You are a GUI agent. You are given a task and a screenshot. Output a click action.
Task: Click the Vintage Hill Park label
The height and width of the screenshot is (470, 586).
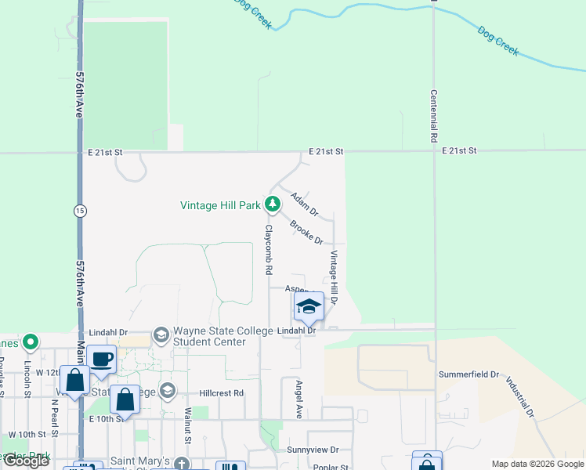tap(220, 206)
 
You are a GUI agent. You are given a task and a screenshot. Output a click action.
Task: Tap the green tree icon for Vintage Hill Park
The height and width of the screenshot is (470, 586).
tap(273, 205)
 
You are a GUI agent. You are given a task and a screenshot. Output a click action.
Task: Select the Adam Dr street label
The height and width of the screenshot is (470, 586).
tap(305, 204)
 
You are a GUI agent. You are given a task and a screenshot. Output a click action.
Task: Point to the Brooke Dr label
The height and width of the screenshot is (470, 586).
tap(306, 233)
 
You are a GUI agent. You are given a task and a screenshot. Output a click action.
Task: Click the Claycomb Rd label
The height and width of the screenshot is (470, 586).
tap(268, 250)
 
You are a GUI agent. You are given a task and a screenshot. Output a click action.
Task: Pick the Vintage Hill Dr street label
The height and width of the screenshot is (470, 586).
tap(333, 277)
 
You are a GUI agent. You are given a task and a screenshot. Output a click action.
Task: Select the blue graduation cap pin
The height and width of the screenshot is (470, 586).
tap(309, 306)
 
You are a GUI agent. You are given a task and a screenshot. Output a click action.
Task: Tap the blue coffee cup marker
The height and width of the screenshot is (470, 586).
tap(102, 360)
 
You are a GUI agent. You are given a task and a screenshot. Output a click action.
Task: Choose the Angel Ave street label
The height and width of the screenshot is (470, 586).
tap(298, 399)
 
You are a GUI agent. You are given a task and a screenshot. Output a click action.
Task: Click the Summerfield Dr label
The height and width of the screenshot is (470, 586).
tap(468, 374)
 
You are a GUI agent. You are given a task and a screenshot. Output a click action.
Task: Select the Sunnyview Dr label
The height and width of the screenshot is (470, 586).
tap(313, 450)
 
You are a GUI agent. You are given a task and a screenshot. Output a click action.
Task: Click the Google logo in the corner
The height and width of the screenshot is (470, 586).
tap(26, 461)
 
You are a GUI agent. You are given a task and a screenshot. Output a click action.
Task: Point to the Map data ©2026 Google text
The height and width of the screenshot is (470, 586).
tap(537, 464)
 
